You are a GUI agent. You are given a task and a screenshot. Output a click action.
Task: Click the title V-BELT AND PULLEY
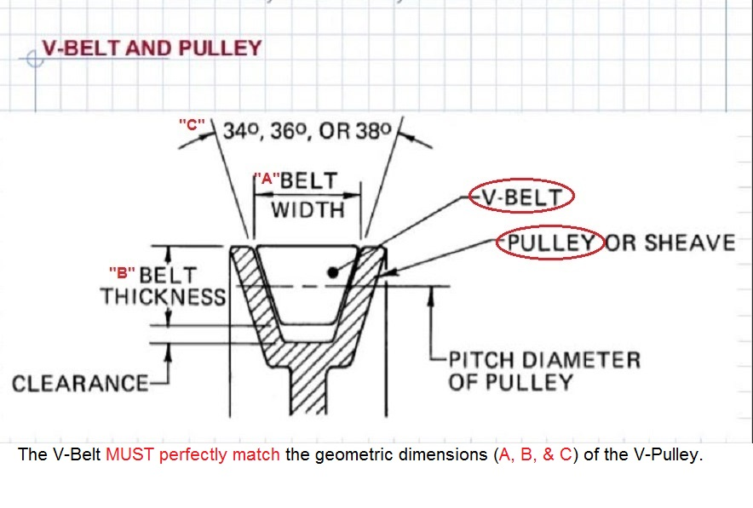pos(152,48)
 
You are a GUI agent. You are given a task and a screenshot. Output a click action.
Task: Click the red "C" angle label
pos(193,123)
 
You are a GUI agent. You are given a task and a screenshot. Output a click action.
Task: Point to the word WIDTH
pos(308,209)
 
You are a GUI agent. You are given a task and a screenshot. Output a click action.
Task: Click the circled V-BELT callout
pos(522,197)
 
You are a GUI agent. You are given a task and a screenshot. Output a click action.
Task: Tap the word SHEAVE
pos(689,243)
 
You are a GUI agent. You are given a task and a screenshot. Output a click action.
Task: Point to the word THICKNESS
pos(163,297)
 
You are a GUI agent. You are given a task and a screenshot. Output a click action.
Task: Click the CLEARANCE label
pos(79,383)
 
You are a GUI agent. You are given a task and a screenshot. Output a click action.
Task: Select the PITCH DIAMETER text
pos(544,359)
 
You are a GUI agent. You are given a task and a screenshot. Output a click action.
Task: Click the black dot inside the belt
pos(331,273)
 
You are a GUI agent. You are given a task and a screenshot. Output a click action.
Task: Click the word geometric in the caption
pos(326,454)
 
